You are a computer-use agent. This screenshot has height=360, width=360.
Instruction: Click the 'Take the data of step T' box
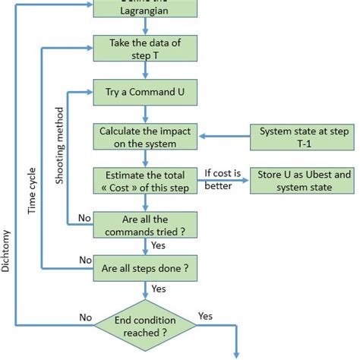click(146, 49)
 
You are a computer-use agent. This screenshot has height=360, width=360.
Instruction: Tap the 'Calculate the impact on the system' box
click(146, 137)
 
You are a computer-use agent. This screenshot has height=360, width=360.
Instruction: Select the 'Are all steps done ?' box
click(146, 267)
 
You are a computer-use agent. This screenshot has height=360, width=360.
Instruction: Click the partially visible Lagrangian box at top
click(146, 8)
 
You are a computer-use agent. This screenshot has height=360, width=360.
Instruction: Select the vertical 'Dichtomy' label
click(6, 251)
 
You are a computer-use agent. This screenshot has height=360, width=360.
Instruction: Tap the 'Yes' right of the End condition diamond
click(205, 315)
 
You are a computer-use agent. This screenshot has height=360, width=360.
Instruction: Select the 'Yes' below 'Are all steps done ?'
click(159, 289)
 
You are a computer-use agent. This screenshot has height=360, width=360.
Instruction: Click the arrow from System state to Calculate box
click(224, 137)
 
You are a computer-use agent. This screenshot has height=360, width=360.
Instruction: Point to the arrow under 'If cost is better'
click(226, 182)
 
